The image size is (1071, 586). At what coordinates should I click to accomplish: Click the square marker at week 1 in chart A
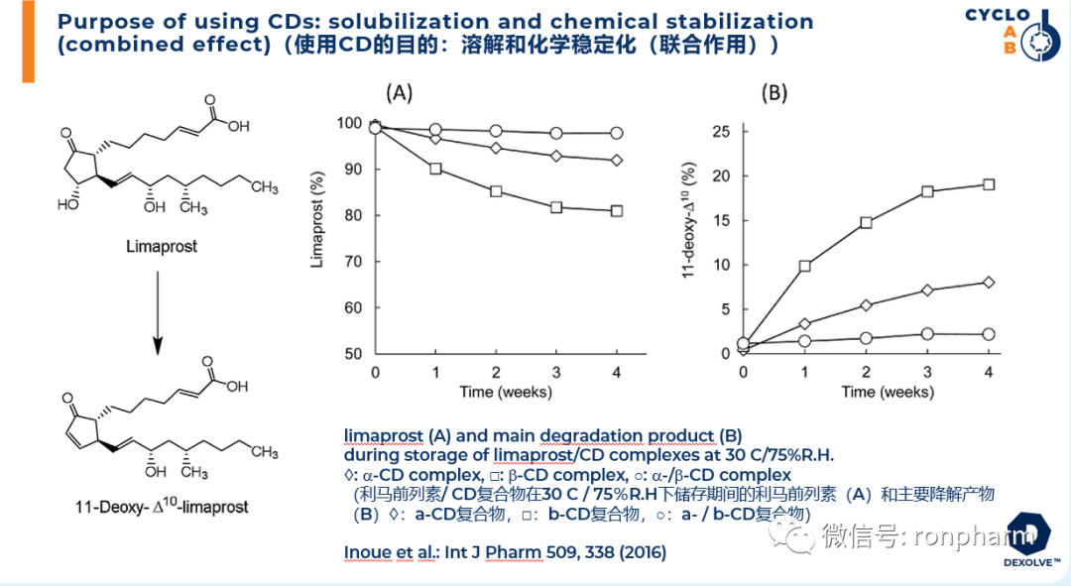coord(435,169)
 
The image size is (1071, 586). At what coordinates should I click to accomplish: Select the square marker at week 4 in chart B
coord(988,184)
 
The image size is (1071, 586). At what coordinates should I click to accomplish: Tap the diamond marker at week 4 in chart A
coord(616,160)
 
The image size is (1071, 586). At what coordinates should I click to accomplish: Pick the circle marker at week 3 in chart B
coord(927,334)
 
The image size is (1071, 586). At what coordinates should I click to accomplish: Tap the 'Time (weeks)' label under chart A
coord(505,392)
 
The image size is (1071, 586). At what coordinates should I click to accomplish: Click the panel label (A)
coord(399,93)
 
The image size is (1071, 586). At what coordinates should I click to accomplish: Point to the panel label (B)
coord(773,93)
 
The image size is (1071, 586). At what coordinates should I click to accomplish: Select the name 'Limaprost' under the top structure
coord(161,246)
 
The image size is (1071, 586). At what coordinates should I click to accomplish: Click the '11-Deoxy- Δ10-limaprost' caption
coord(162,507)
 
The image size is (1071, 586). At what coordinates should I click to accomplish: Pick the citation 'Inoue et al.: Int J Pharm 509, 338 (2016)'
coord(505,551)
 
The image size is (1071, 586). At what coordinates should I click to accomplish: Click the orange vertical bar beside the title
coord(29,42)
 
